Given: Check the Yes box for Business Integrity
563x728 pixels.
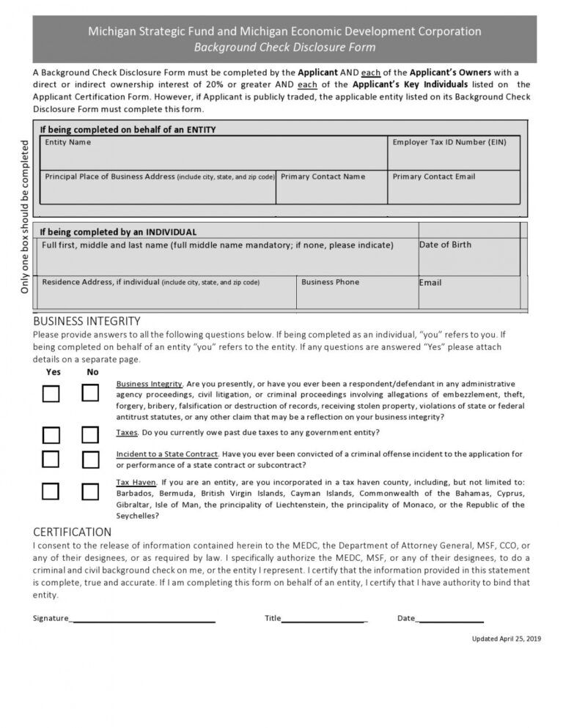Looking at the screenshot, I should tap(51, 394).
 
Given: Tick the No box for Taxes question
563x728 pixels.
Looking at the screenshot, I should tap(90, 435).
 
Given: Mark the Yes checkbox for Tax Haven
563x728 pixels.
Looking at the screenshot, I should tap(51, 491).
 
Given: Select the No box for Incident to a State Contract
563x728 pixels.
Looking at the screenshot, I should tap(90, 459).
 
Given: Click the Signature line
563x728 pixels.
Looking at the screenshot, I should tap(143, 620).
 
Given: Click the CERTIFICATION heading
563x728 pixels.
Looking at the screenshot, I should tap(73, 532).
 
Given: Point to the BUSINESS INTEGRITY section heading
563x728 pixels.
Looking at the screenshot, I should tap(87, 322).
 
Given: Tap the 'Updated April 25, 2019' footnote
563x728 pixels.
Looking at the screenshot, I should tap(506, 639).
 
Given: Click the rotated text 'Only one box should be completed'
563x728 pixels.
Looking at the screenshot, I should tap(25, 217).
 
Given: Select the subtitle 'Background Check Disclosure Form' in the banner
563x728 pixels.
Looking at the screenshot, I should tap(284, 48).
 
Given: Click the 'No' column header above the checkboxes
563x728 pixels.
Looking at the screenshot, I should tap(92, 372).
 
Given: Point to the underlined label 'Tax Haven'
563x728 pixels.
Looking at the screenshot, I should tap(136, 483).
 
